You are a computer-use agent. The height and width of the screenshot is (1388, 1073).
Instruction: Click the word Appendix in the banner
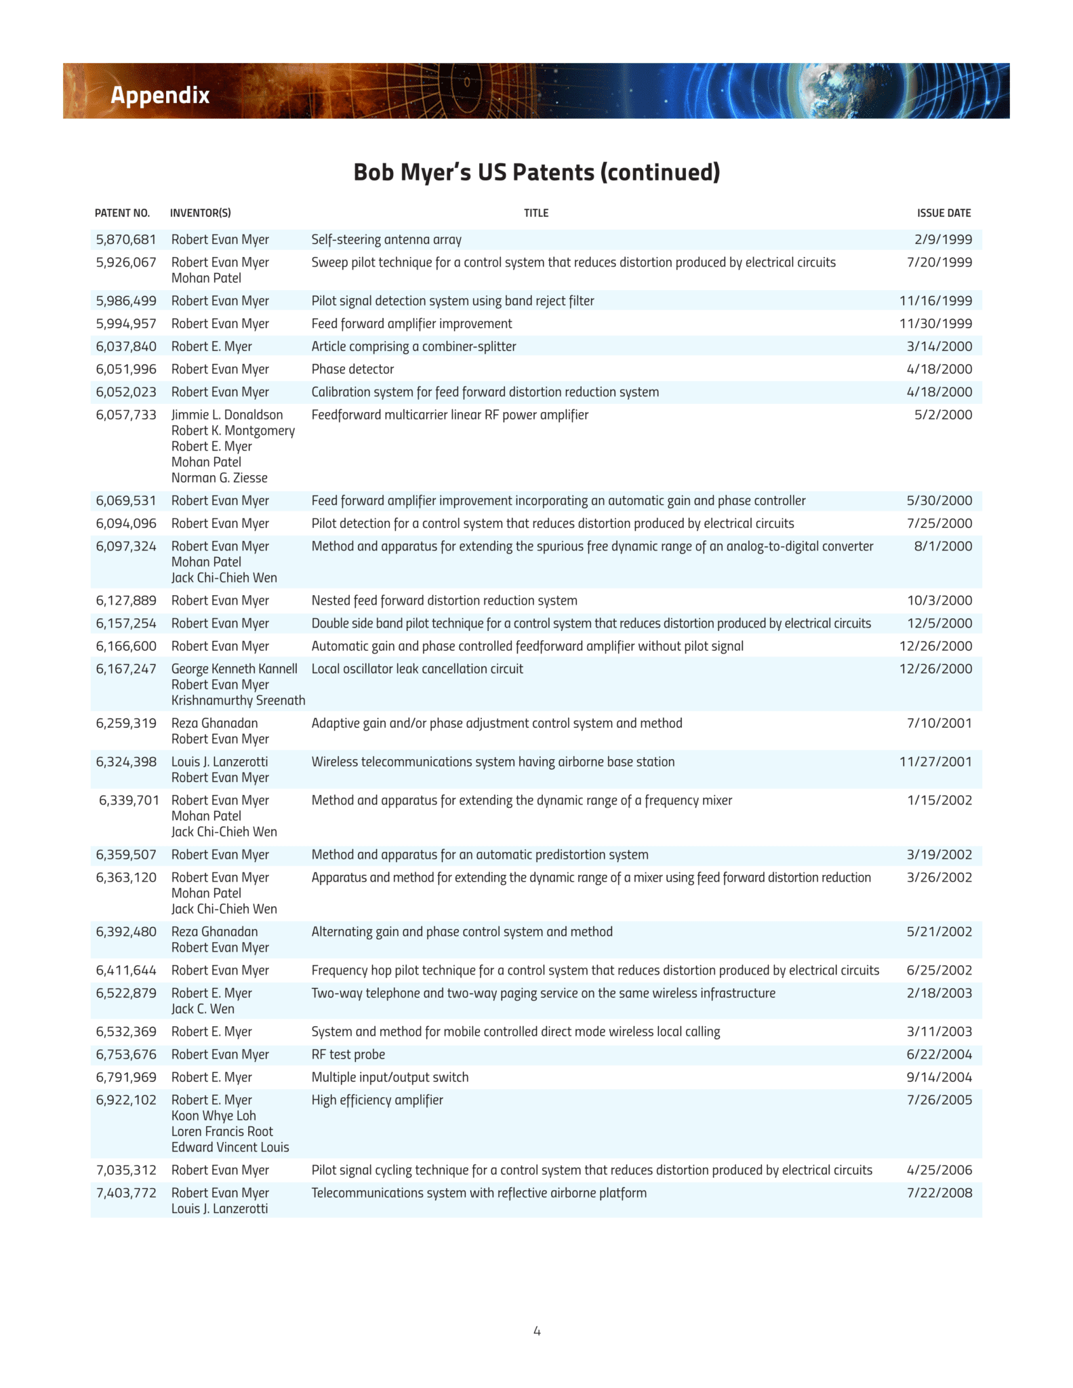pyautogui.click(x=160, y=95)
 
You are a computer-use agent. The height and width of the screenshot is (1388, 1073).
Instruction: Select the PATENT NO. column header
pyautogui.click(x=122, y=213)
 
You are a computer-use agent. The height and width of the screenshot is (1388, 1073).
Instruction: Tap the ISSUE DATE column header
pyautogui.click(x=944, y=213)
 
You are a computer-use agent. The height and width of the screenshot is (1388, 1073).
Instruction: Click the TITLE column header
pyautogui.click(x=536, y=213)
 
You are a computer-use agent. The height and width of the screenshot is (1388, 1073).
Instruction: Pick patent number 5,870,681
pyautogui.click(x=126, y=239)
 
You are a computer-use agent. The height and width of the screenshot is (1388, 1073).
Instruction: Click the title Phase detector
pyautogui.click(x=352, y=369)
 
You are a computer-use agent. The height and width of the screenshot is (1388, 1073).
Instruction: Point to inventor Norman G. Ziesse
pyautogui.click(x=219, y=478)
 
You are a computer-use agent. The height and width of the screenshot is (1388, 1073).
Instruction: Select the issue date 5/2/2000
pyautogui.click(x=943, y=415)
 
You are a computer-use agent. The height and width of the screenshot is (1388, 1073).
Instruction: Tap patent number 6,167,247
pyautogui.click(x=126, y=669)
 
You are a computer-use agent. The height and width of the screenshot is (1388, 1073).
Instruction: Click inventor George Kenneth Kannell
pyautogui.click(x=234, y=669)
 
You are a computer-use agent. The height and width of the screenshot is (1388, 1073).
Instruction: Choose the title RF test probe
pyautogui.click(x=348, y=1055)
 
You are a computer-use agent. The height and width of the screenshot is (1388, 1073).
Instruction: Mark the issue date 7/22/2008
pyautogui.click(x=939, y=1193)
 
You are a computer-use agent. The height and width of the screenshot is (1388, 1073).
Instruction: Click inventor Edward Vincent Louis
pyautogui.click(x=230, y=1147)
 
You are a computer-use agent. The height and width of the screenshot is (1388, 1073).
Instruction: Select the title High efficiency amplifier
pyautogui.click(x=377, y=1100)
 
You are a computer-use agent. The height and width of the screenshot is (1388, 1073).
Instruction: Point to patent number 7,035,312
pyautogui.click(x=126, y=1170)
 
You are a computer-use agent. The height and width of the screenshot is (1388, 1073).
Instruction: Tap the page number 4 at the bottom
pyautogui.click(x=537, y=1331)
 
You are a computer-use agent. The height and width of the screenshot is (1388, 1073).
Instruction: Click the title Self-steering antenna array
pyautogui.click(x=386, y=239)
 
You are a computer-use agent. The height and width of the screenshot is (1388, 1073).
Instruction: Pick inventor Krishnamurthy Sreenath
pyautogui.click(x=238, y=700)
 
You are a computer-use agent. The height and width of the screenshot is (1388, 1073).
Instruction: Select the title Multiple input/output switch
pyautogui.click(x=390, y=1078)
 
